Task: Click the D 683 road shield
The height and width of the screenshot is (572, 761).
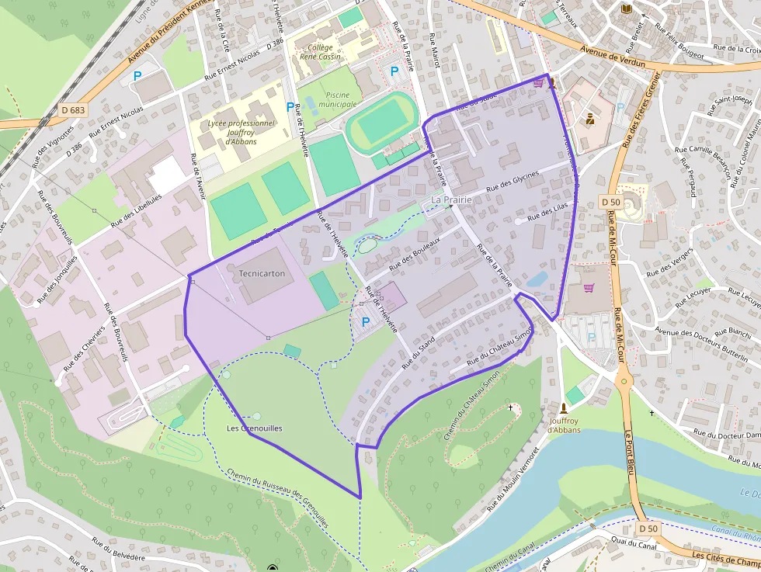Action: [x=72, y=110]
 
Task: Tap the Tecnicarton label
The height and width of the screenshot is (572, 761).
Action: [x=262, y=273]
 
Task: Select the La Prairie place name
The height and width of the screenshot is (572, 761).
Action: [x=452, y=199]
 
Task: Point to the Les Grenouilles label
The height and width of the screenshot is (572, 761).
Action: [x=254, y=428]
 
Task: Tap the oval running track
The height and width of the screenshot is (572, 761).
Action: [x=383, y=121]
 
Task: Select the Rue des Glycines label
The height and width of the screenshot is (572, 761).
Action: [x=512, y=182]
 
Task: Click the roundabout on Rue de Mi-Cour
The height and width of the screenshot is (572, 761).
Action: [x=622, y=382]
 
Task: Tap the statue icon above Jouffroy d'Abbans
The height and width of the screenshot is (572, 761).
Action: [x=565, y=407]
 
